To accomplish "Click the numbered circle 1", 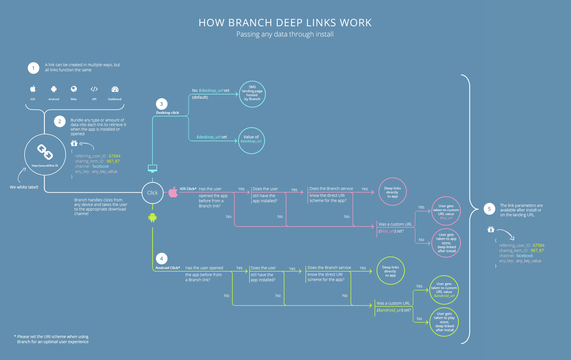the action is point(33,68).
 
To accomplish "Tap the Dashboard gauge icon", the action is point(115,89).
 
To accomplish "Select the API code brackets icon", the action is point(94,89).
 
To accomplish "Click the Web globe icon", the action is point(74,89).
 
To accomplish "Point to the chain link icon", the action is point(45,152).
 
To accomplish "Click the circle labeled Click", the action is point(152,193).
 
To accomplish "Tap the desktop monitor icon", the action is point(152,169).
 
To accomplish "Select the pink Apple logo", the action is point(173,192).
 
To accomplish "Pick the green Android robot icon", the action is point(152,218).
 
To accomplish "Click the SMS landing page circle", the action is point(252,94).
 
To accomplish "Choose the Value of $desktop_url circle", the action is point(251,141).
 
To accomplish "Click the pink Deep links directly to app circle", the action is point(393,192).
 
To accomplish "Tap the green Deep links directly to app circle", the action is point(391,271).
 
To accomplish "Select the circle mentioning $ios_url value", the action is point(446,211).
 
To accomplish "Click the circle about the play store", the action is point(444,322).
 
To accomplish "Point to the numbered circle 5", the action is point(489,209).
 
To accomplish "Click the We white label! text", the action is point(24,187).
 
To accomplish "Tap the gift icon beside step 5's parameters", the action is point(491,229).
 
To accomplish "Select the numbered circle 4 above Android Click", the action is point(162,259).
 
